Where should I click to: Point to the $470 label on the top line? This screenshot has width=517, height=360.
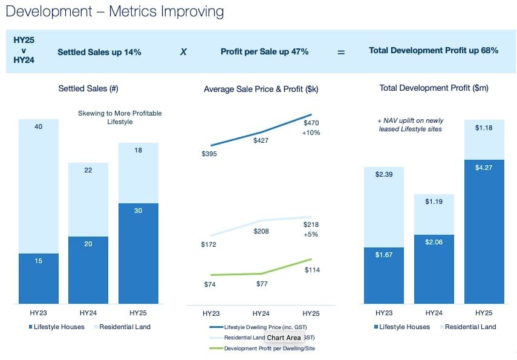point(311,123)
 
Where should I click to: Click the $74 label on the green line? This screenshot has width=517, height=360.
point(210,284)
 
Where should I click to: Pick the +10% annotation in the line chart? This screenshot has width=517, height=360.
point(311,133)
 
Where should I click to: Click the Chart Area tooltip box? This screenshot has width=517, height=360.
point(284,338)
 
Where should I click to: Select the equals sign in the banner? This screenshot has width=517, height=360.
point(341,52)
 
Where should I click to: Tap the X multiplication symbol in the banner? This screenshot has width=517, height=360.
point(183,52)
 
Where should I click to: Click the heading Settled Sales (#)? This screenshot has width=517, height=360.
point(88,88)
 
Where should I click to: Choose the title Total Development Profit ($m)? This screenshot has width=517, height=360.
point(434,88)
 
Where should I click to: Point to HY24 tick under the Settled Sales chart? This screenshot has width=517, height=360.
point(89,313)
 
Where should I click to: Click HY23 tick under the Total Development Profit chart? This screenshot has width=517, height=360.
point(384,313)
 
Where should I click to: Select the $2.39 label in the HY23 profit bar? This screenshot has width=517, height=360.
point(384,175)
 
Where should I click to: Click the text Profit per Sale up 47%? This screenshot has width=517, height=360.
point(265,52)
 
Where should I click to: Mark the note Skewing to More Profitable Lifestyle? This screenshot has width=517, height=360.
point(120,117)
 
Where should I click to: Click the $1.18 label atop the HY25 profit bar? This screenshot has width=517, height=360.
point(484,128)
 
